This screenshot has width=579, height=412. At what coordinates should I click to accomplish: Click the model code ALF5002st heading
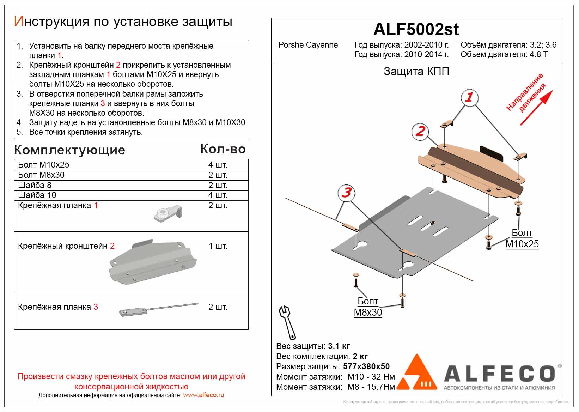pyautogui.click(x=416, y=29)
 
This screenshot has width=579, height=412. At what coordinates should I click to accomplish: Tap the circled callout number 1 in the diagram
pyautogui.click(x=469, y=97)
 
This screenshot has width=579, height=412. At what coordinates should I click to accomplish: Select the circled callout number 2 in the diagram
pyautogui.click(x=420, y=131)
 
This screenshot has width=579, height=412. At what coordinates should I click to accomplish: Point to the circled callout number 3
pyautogui.click(x=347, y=193)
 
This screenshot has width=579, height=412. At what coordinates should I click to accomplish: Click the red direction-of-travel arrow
pyautogui.click(x=536, y=108)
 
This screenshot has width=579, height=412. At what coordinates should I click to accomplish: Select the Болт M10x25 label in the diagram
pyautogui.click(x=522, y=238)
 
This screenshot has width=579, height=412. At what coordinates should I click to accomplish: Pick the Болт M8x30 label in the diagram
pyautogui.click(x=368, y=307)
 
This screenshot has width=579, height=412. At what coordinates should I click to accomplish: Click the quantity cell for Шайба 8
pyautogui.click(x=218, y=185)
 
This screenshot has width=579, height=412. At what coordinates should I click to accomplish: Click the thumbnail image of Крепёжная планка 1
pyautogui.click(x=168, y=213)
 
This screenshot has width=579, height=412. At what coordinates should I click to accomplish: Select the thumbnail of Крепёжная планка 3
pyautogui.click(x=159, y=309)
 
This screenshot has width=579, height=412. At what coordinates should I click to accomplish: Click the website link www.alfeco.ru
pyautogui.click(x=203, y=395)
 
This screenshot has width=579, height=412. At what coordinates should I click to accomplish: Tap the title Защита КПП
pyautogui.click(x=416, y=72)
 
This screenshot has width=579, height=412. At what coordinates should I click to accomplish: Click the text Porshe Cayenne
pyautogui.click(x=308, y=45)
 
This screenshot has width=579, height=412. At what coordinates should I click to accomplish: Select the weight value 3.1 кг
pyautogui.click(x=339, y=346)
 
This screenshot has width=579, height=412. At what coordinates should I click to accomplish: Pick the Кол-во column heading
pyautogui.click(x=223, y=149)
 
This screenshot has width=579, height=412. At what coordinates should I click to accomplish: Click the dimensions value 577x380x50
pyautogui.click(x=366, y=366)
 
